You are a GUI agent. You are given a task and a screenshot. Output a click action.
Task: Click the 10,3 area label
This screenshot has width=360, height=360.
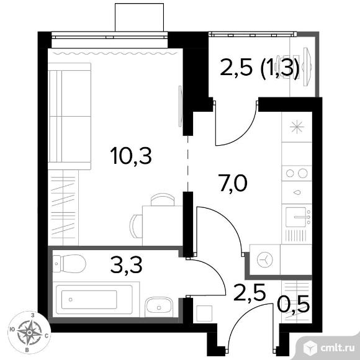(x=131, y=156)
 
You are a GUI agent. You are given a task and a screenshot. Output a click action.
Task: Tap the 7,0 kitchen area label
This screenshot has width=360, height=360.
(x=233, y=183)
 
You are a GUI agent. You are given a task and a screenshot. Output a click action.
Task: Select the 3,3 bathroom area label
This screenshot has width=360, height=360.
(x=126, y=264)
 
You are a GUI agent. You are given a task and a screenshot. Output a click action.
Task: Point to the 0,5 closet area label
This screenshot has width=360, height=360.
(x=293, y=304)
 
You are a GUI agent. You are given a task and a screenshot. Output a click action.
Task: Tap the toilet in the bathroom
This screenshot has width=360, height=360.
(x=69, y=263)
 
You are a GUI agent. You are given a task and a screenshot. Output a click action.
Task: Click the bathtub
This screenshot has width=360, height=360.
(x=94, y=299)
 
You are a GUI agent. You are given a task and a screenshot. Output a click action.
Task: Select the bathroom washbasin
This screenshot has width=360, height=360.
(x=158, y=307)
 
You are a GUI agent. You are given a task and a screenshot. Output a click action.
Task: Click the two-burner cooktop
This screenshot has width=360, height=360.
(x=297, y=173)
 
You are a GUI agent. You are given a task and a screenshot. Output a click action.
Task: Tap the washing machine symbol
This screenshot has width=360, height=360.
(x=265, y=260)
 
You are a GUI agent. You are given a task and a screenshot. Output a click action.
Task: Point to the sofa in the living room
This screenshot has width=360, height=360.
(x=70, y=116)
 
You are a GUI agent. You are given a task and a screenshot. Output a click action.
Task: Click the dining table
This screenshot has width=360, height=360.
(x=163, y=225)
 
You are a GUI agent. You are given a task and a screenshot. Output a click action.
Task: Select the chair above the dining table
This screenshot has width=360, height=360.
(x=163, y=199)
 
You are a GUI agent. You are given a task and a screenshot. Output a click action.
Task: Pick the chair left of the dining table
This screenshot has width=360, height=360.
(x=136, y=226)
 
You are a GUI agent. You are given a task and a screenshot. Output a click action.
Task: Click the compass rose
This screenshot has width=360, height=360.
(x=29, y=333)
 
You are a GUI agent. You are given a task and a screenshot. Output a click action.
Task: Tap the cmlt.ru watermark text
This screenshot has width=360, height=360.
(x=337, y=348)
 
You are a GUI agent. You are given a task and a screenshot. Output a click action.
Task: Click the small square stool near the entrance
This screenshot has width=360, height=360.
(x=204, y=313)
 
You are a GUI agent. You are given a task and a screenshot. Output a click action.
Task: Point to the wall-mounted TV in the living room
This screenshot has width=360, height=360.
(x=180, y=106)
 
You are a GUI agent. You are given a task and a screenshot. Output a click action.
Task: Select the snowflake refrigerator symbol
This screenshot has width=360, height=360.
(x=297, y=127)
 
